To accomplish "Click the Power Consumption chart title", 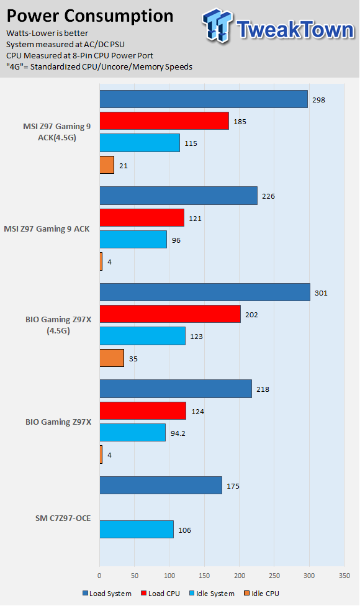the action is click(90, 16).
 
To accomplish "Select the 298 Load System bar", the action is click(204, 99).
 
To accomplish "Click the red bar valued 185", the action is click(164, 121).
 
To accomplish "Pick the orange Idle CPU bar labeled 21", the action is click(107, 165).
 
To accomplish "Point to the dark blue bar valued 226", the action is click(179, 196).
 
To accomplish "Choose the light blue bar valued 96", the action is click(133, 240).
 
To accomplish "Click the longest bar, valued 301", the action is click(205, 292).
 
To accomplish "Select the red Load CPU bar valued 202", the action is click(170, 314).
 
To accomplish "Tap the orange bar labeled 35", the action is click(112, 358).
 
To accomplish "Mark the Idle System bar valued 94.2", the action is click(132, 433).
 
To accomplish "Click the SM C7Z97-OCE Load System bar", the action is click(161, 486).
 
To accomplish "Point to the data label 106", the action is click(184, 530).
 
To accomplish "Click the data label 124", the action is click(197, 412).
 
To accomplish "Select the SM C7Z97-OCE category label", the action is click(63, 518).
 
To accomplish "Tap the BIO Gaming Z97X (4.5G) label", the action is click(58, 325).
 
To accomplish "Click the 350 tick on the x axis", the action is click(344, 576).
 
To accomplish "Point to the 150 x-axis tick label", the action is click(204, 576).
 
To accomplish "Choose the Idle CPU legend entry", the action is click(261, 594).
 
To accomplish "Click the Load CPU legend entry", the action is click(160, 594).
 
